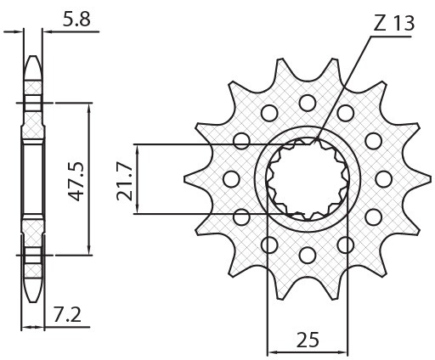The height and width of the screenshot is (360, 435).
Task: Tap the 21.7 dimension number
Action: tap(124, 179)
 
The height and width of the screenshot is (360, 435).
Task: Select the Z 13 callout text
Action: tap(393, 23)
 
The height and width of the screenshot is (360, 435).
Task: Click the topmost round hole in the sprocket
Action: tap(307, 103)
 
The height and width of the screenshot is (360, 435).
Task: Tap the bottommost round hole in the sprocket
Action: tap(307, 254)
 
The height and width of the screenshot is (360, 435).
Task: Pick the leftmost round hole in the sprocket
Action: tap(229, 178)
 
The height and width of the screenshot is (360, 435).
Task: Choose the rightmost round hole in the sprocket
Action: tap(383, 178)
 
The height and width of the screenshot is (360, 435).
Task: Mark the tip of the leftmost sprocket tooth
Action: tap(187, 178)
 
